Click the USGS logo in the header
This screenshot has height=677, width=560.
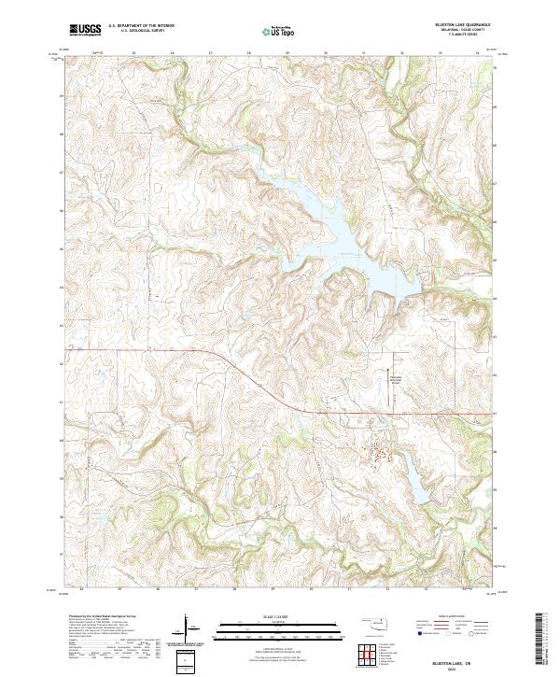pos(83,31)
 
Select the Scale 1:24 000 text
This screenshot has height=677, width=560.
pos(270,617)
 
